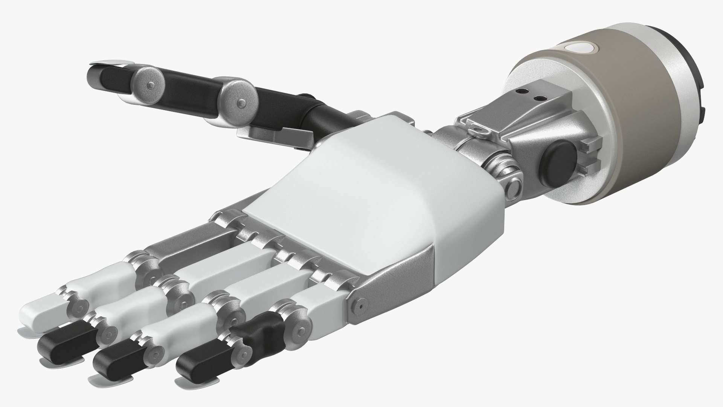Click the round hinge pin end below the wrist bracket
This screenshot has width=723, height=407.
click(513, 187)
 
